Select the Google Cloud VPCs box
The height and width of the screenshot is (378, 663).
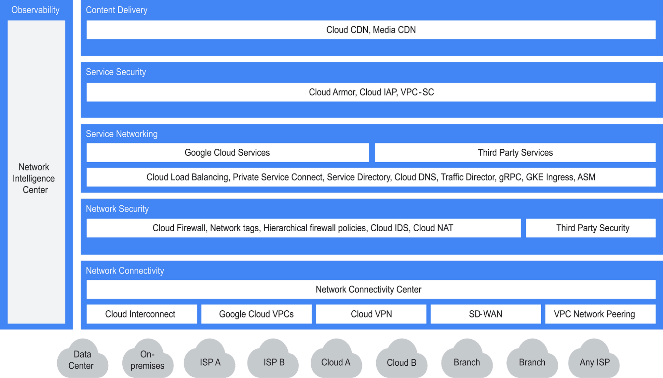coord(256,314)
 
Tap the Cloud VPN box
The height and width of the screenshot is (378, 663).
coord(371,314)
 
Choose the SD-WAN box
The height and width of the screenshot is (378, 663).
coord(486,314)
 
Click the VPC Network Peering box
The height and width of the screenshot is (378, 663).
coord(600,314)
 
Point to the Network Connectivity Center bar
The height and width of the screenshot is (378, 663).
coord(371,289)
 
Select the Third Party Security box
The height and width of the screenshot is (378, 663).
coord(591,228)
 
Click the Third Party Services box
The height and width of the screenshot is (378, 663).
coord(515,153)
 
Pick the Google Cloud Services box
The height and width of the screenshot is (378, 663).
coord(227,153)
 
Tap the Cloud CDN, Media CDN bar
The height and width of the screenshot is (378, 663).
coord(371,30)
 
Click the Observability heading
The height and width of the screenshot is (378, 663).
coord(35,10)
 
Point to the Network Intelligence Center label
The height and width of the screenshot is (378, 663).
coord(34,178)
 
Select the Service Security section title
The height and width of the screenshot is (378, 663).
coord(116,72)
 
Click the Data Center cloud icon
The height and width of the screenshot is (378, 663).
coord(82,360)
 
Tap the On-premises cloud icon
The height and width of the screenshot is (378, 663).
coord(148,360)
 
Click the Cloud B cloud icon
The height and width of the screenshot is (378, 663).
coord(401,361)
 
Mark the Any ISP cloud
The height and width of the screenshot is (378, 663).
coord(594,361)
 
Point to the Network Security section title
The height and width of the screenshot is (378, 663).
coord(117,209)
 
